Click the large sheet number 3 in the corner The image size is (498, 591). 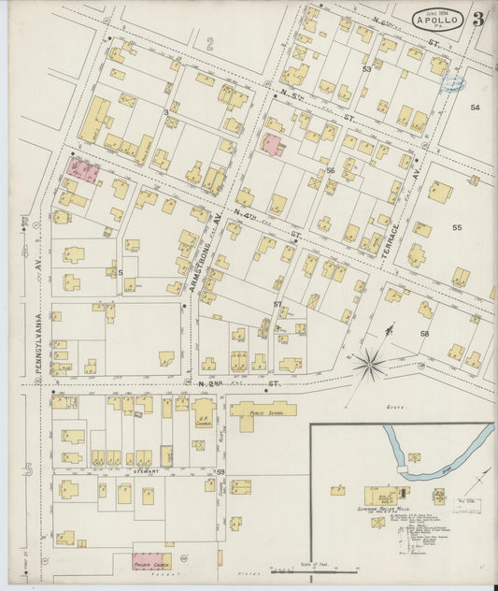477,19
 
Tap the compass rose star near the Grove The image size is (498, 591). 370,362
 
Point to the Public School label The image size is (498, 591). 264,408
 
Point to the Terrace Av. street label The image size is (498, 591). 394,241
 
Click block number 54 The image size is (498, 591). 475,108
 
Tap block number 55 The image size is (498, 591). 457,227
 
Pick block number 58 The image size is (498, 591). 424,334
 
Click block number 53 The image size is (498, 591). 367,69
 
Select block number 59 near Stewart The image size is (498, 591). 221,472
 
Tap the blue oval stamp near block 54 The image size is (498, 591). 454,84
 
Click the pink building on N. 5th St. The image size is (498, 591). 272,145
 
